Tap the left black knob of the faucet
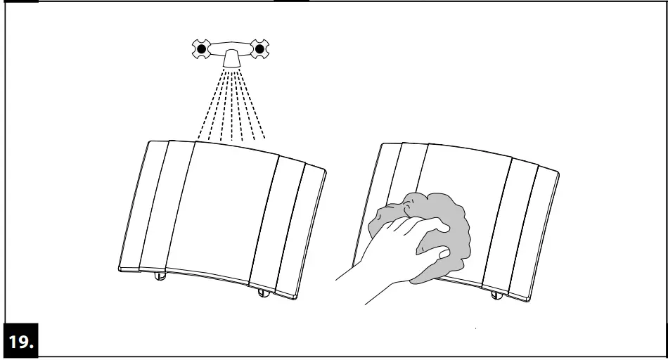click(203, 49)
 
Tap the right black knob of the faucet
click(259, 49)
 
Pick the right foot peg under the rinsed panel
click(264, 292)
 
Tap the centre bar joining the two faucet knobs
click(231, 49)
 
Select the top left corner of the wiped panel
click(382, 145)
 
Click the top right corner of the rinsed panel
click(325, 169)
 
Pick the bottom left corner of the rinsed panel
click(120, 268)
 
